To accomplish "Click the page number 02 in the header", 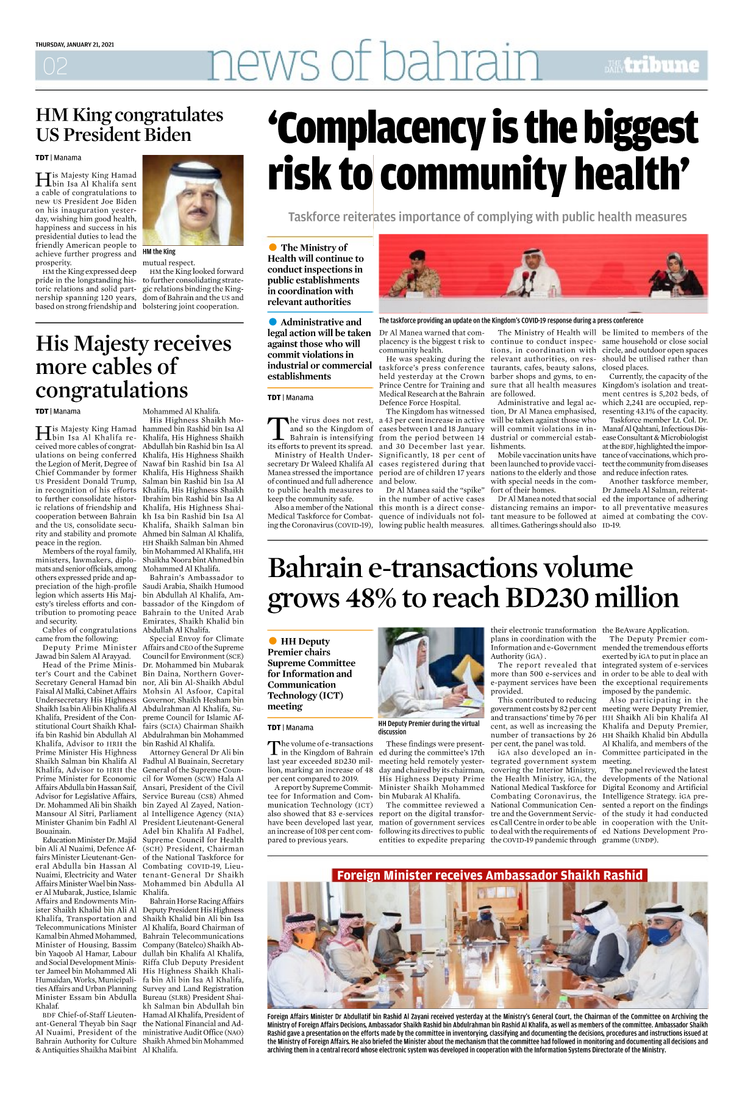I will click(x=55, y=66).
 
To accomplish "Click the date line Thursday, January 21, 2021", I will click(x=74, y=45).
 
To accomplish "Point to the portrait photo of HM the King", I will click(x=193, y=199).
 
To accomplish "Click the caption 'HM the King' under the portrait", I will click(x=159, y=251).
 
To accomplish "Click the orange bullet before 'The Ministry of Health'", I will click(x=273, y=247).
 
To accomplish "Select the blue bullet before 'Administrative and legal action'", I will click(x=273, y=321).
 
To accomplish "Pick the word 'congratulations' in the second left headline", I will click(x=112, y=390).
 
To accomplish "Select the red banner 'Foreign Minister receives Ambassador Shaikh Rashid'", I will click(x=490, y=875).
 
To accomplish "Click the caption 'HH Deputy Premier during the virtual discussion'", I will click(x=429, y=727).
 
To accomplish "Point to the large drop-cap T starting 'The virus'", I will click(x=278, y=429).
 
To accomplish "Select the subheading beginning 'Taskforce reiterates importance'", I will click(x=487, y=217).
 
